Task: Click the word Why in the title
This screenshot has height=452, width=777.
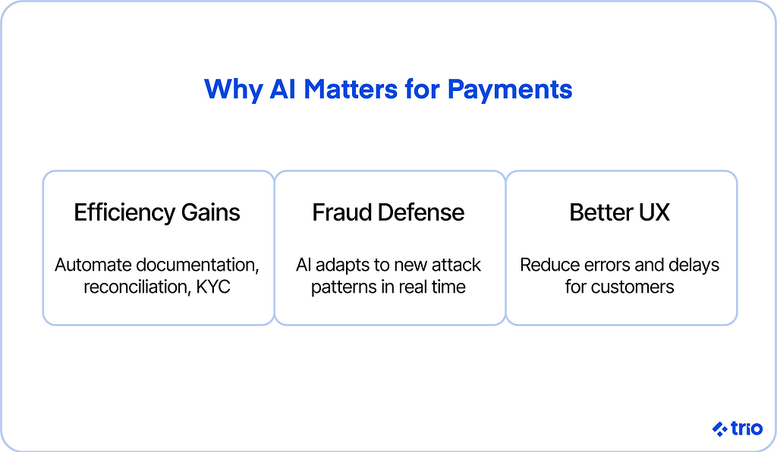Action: point(234,90)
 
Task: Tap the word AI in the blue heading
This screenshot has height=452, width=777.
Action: point(283,89)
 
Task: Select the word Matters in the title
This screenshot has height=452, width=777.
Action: point(351,89)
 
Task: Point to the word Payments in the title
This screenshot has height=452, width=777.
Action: point(510,90)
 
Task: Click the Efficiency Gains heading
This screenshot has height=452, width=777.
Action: point(157,213)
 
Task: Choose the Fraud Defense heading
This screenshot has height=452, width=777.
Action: point(388,212)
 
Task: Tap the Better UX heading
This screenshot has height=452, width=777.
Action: point(619,212)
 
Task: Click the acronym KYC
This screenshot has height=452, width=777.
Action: point(213,287)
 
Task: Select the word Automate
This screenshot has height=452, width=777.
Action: point(93,265)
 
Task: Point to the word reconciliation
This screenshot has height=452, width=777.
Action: point(137,287)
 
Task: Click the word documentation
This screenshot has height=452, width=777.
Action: point(198,265)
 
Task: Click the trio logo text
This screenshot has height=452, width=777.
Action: point(747,428)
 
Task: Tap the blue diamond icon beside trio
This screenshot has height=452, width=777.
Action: point(720,428)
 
